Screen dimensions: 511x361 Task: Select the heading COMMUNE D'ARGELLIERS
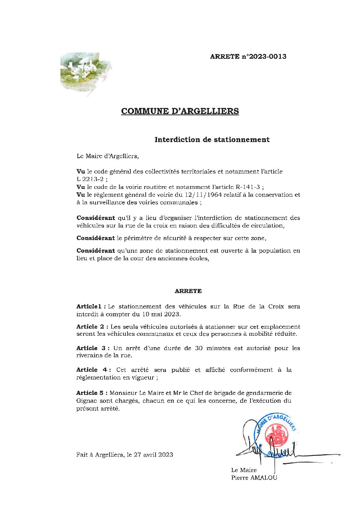pos(180,111)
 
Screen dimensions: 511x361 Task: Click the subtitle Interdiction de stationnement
pos(212,140)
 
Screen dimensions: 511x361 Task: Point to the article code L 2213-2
pos(90,179)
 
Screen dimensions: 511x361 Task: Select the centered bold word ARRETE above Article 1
pos(188,291)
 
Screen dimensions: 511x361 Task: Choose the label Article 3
pos(91,348)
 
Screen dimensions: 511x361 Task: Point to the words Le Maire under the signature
pos(244,470)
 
